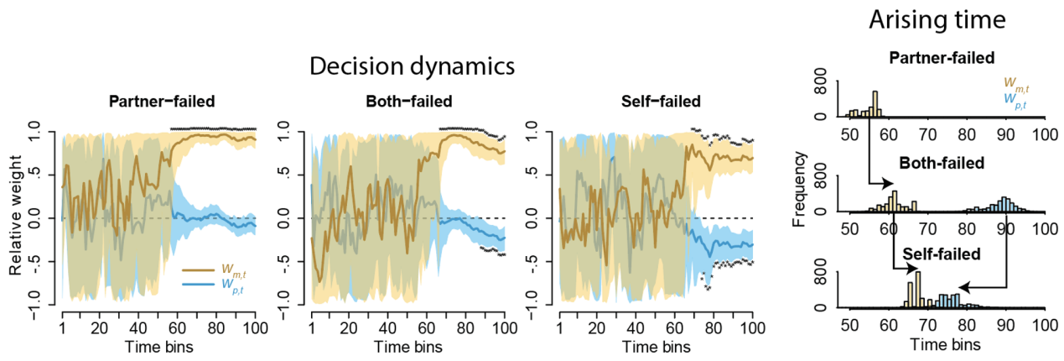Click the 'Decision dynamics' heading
pyautogui.click(x=412, y=66)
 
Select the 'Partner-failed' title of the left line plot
pyautogui.click(x=162, y=102)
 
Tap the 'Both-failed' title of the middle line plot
pyautogui.click(x=408, y=102)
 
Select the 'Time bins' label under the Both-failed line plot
pyautogui.click(x=407, y=345)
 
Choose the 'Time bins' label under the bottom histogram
pyautogui.click(x=947, y=343)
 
